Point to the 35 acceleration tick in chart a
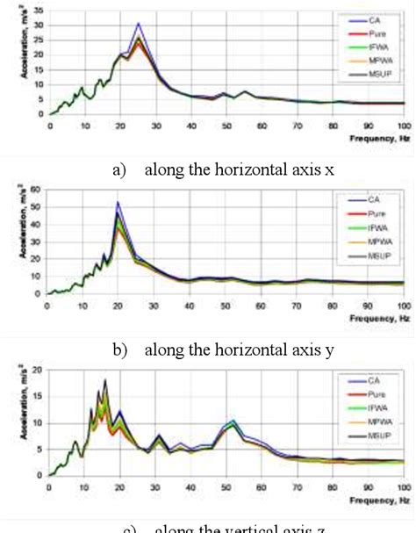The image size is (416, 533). [38, 11]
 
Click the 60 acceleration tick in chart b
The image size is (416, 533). [38, 189]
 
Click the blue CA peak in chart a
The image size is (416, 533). [138, 25]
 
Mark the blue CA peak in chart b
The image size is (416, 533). [118, 202]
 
